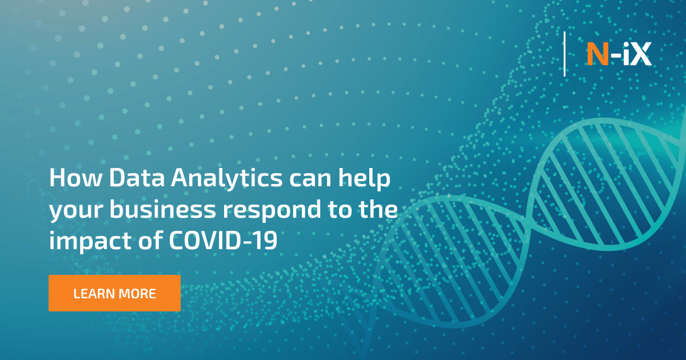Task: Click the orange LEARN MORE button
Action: [114, 293]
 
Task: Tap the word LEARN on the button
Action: [94, 294]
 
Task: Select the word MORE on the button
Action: [137, 294]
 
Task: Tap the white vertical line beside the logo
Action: [565, 54]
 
